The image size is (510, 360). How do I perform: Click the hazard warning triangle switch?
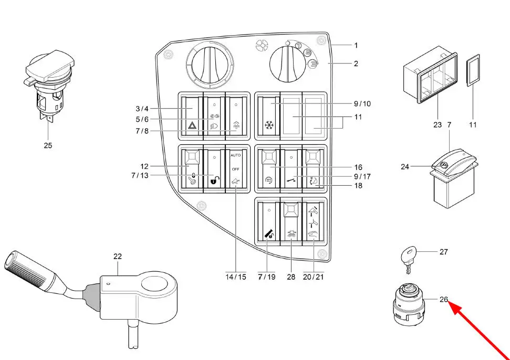[x=192, y=117]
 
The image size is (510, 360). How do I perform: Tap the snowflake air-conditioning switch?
[x=269, y=117]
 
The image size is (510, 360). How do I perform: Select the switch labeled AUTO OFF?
[x=236, y=169]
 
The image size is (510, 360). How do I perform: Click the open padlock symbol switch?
[x=214, y=169]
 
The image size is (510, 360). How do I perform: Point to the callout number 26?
[x=444, y=299]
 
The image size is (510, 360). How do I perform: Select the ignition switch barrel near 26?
[x=408, y=304]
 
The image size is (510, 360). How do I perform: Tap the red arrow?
[x=479, y=330]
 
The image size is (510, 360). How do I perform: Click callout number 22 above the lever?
[x=118, y=256]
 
